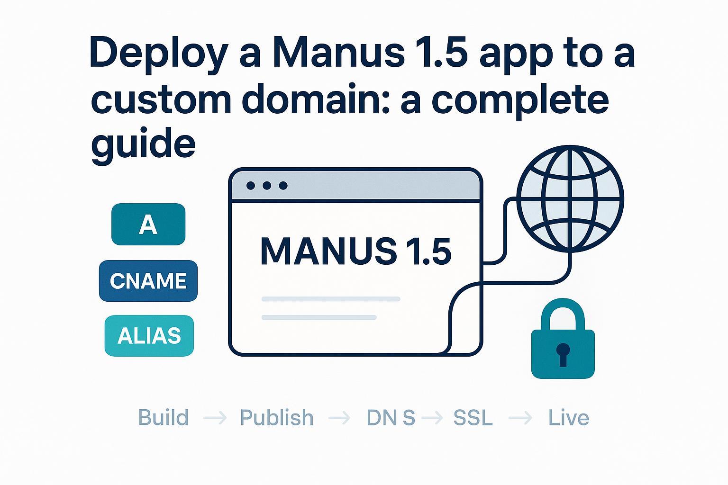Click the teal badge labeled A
click(x=148, y=225)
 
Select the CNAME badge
click(x=148, y=281)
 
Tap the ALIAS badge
click(x=149, y=335)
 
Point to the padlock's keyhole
click(x=563, y=353)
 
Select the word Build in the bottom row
click(x=163, y=418)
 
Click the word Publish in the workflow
click(x=276, y=418)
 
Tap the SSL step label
click(x=473, y=418)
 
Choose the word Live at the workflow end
click(x=568, y=418)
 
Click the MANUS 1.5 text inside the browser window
click(x=355, y=251)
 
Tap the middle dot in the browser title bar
click(x=267, y=186)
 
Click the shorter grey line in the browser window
click(x=319, y=317)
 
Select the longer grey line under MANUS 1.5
click(x=331, y=299)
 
